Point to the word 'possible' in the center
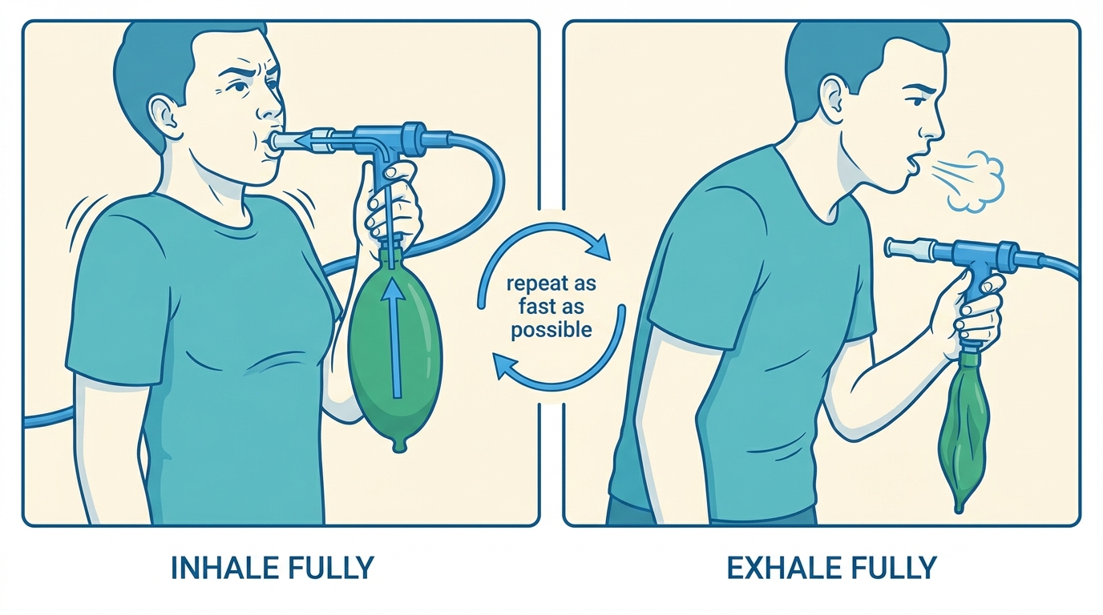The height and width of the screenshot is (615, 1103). click(551, 330)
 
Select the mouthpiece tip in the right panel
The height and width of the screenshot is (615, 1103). click(892, 247)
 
